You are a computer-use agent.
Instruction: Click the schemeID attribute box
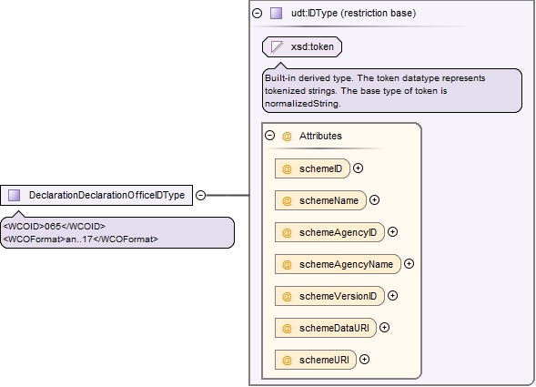312,168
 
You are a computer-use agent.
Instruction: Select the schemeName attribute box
320,200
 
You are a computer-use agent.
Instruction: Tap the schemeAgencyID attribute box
329,232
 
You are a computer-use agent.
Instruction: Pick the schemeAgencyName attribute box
339,264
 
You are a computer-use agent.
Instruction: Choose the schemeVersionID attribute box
329,296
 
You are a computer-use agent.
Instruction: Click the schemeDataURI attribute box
326,328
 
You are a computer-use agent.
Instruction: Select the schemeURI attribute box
316,360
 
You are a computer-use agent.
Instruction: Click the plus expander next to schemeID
358,168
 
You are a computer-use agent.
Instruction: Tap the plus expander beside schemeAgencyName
409,263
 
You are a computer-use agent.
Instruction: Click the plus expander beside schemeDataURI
384,327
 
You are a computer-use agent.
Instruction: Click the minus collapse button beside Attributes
269,135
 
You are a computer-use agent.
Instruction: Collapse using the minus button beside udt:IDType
257,13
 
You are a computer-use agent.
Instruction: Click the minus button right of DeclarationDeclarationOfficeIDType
200,195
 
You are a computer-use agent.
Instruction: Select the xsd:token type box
302,46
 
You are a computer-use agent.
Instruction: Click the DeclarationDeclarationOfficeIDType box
96,195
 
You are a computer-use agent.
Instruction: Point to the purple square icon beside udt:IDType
277,13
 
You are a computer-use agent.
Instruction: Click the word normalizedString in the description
303,103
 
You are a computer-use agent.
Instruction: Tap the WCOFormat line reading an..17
81,239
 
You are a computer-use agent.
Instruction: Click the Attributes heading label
320,136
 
